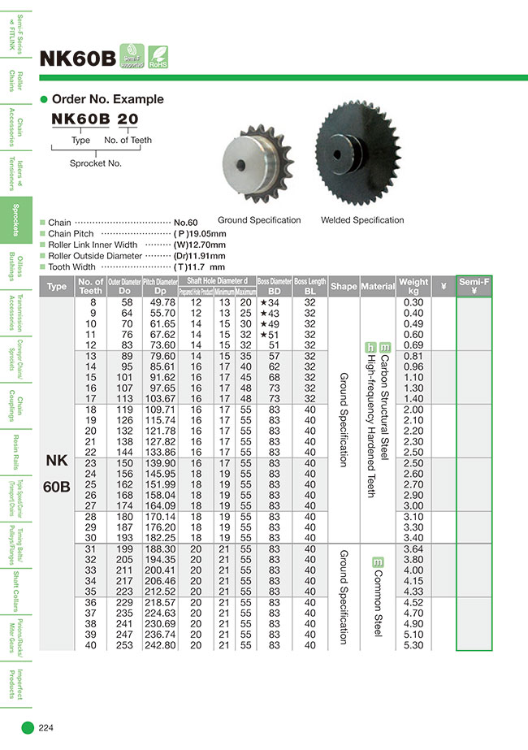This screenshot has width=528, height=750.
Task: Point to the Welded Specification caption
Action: (362, 220)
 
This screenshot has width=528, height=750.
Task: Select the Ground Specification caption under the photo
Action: (259, 220)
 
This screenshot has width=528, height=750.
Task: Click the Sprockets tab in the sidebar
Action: (14, 219)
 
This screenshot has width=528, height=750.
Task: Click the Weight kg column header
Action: (413, 286)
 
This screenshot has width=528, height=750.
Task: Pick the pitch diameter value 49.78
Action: (159, 302)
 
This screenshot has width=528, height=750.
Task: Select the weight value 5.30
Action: (413, 645)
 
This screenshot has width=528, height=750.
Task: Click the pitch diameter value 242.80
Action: (159, 645)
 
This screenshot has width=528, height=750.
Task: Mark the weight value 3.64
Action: (413, 548)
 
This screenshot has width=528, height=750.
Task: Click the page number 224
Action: (46, 727)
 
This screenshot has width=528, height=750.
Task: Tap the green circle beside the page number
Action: (27, 727)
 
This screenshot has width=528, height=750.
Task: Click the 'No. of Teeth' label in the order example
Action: (128, 141)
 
